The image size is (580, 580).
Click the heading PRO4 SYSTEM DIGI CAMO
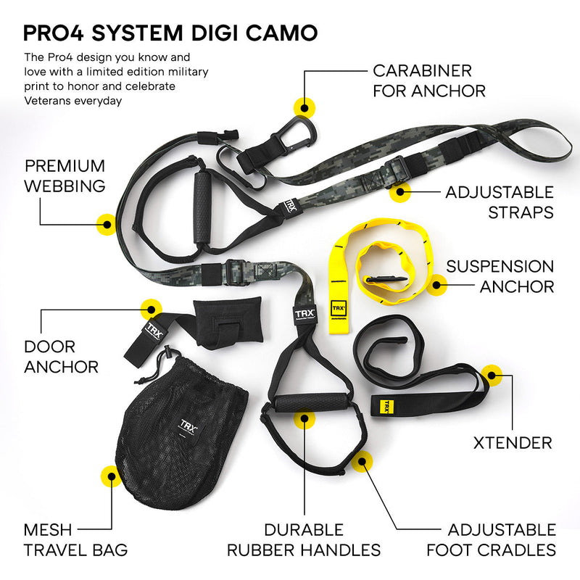click(x=170, y=32)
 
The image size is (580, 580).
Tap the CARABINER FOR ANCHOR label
click(x=428, y=80)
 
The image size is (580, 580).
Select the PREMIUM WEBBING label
click(x=65, y=176)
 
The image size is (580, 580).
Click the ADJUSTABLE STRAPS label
click(x=500, y=202)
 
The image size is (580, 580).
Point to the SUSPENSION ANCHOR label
click(x=500, y=276)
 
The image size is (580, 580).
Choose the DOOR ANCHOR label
click(x=61, y=357)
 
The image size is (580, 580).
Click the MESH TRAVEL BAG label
click(x=75, y=539)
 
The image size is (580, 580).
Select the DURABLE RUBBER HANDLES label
click(x=304, y=539)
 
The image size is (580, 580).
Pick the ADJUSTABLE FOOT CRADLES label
click(x=491, y=539)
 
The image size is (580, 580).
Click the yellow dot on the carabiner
click(x=304, y=107)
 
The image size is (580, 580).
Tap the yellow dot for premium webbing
click(x=106, y=224)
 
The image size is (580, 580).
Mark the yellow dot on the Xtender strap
click(x=492, y=375)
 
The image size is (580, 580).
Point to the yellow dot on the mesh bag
click(x=110, y=476)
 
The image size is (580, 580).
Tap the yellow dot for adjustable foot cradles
click(x=362, y=460)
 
